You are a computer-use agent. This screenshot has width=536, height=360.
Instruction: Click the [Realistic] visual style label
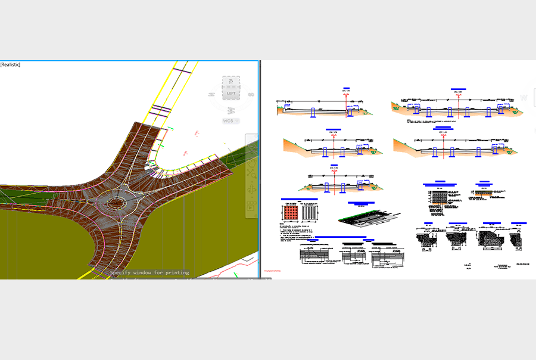coord(10,64)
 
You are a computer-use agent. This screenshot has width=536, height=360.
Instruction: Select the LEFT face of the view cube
coord(231,94)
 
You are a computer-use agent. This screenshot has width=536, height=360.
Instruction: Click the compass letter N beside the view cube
coord(211,94)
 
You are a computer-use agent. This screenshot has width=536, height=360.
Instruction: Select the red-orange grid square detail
coord(289,213)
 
